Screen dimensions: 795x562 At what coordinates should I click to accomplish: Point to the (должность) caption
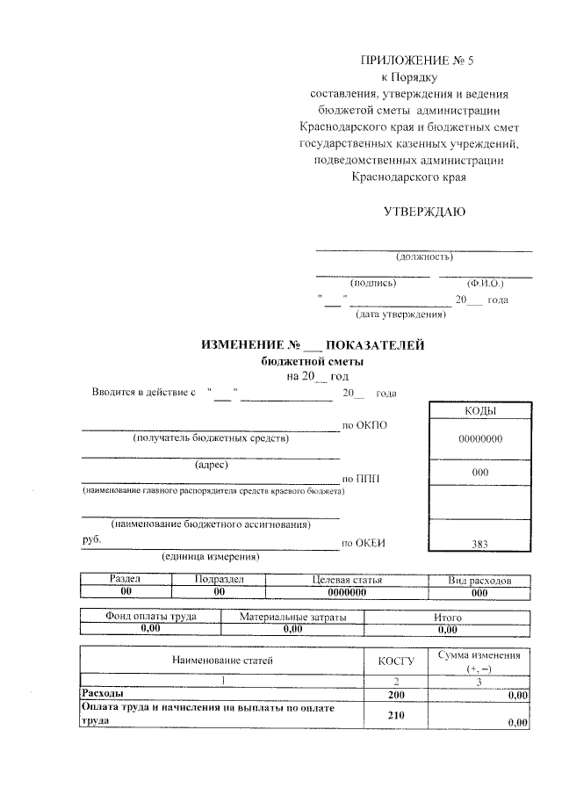pyautogui.click(x=424, y=257)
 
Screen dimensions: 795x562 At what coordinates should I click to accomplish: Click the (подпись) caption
pyautogui.click(x=373, y=284)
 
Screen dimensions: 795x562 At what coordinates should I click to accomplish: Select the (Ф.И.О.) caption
pyautogui.click(x=485, y=284)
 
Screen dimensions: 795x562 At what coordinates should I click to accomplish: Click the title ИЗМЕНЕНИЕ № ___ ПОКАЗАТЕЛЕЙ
pyautogui.click(x=313, y=345)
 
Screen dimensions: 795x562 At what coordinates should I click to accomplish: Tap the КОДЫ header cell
pyautogui.click(x=479, y=411)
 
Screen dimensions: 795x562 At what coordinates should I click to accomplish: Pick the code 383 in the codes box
pyautogui.click(x=479, y=545)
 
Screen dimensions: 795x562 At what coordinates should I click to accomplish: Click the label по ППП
pyautogui.click(x=360, y=478)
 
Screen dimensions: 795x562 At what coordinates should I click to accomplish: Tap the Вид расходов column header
pyautogui.click(x=479, y=581)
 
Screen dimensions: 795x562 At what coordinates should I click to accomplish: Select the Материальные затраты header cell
pyautogui.click(x=292, y=618)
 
